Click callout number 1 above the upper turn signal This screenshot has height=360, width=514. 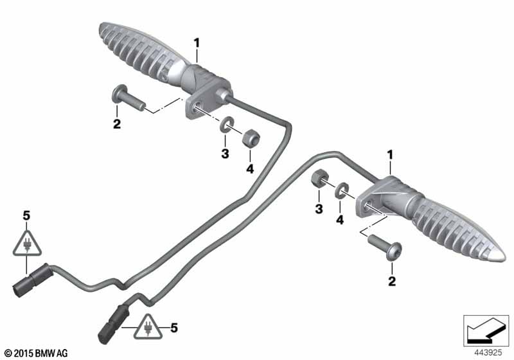197,43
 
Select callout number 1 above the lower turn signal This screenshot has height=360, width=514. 390,155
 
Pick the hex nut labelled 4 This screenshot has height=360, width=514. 251,138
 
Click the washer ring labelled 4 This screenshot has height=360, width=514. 342,190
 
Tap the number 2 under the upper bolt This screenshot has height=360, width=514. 117,124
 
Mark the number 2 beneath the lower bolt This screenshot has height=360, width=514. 392,282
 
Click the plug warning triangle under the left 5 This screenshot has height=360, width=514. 27,244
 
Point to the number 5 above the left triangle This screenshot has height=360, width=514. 26,216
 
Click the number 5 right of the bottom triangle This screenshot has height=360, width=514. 174,328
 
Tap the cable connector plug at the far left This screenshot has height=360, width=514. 30,280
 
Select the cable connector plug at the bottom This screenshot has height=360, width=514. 113,323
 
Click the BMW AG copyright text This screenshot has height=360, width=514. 37,353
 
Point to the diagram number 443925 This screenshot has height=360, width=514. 488,353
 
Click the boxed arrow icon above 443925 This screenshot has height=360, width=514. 486,330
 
